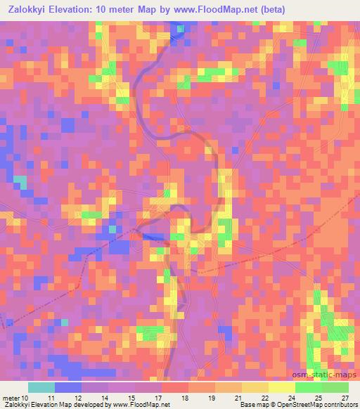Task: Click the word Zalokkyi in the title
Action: tap(30, 10)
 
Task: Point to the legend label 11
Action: tap(51, 398)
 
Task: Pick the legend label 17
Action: tap(158, 398)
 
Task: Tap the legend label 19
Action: tap(212, 398)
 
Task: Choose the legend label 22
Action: tap(265, 398)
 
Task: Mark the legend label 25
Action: tap(319, 398)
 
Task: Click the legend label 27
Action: tap(345, 398)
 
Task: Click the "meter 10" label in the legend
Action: tap(15, 398)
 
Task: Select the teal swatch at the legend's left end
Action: tap(41, 387)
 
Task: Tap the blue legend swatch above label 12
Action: tap(68, 387)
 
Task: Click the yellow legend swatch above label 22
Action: tap(255, 387)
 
